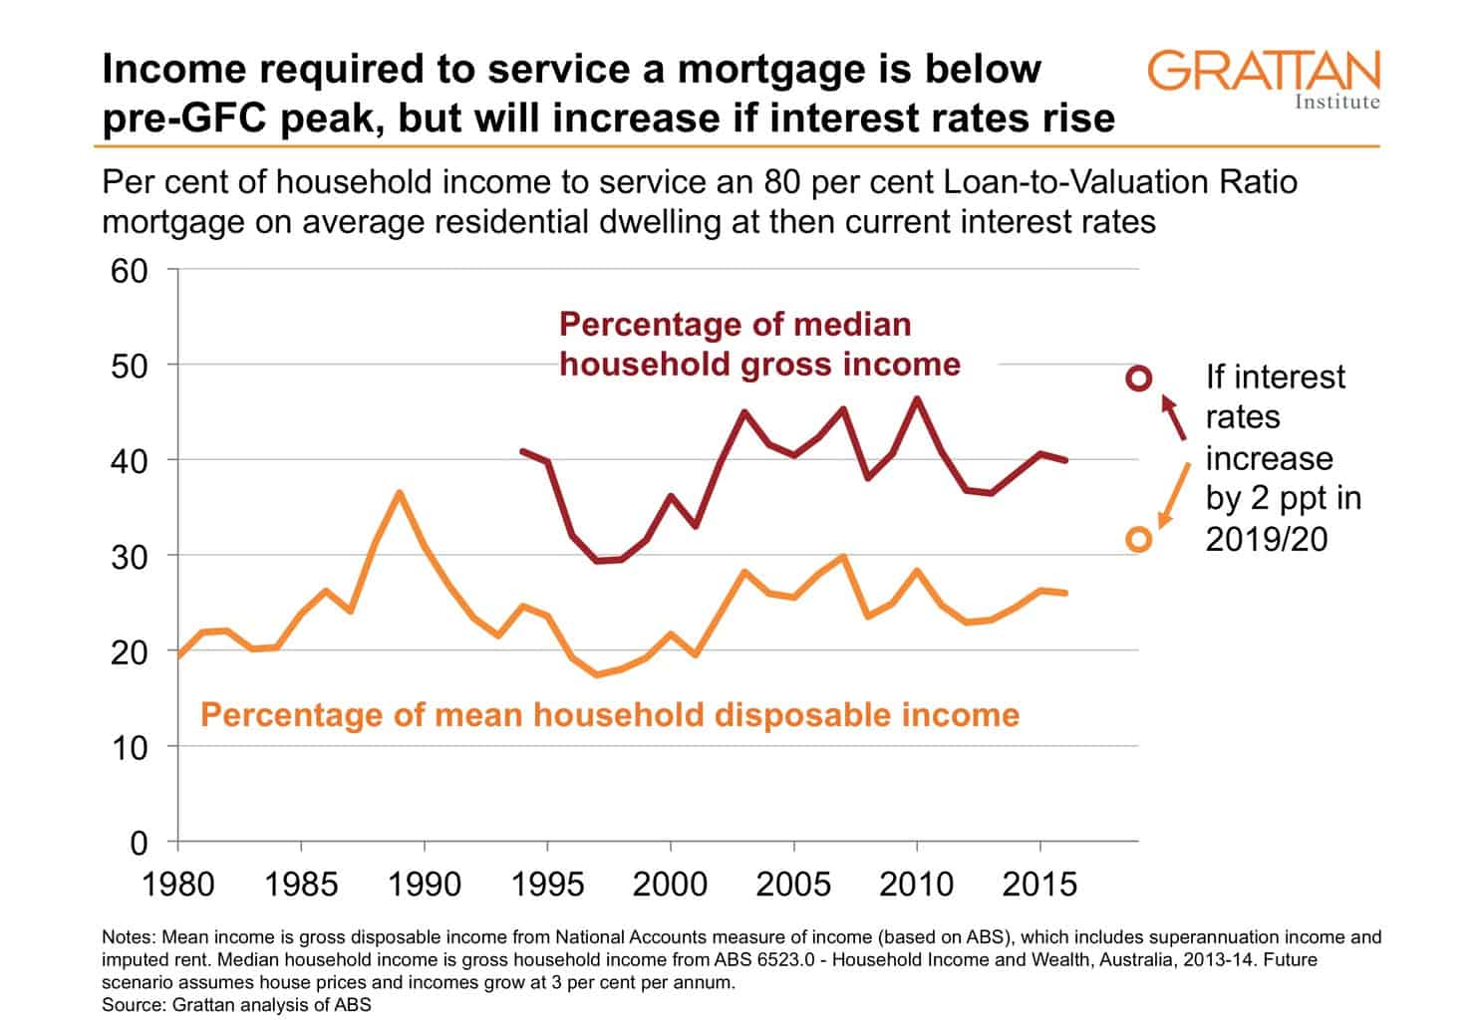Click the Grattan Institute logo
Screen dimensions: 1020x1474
pos(1264,78)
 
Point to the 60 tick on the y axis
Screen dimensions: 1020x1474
pos(129,271)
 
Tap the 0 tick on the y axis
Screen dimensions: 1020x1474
pos(138,844)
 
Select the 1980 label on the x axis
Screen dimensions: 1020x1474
pos(178,884)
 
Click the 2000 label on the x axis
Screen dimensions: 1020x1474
pos(671,884)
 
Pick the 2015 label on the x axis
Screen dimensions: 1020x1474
pos(1039,884)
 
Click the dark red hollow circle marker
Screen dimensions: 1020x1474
pos(1138,379)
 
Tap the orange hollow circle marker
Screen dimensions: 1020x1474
pos(1138,539)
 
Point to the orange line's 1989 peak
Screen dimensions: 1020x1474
pos(399,492)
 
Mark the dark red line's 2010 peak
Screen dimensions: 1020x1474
pos(917,398)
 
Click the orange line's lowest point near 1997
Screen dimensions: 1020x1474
pos(597,674)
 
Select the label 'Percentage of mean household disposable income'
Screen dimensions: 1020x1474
pos(610,715)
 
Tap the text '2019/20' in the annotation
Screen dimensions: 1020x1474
pos(1267,539)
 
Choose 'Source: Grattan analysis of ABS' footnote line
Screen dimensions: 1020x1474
pos(236,1005)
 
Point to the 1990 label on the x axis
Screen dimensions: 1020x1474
pos(425,884)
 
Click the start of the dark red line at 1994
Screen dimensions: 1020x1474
pos(522,451)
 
